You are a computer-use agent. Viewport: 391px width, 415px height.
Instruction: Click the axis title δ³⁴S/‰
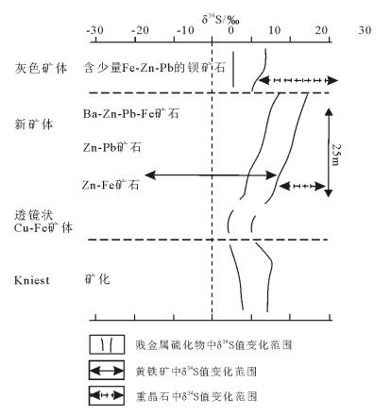(220, 20)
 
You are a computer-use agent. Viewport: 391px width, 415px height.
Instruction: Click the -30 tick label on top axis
(94, 31)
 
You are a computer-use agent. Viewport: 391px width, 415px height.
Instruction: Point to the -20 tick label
(140, 31)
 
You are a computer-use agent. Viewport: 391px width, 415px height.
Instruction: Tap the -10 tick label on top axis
(185, 31)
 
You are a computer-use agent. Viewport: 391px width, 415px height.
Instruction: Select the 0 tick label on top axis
(231, 31)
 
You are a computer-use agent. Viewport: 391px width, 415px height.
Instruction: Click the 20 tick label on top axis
(321, 30)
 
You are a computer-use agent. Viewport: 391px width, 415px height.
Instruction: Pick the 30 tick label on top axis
(365, 30)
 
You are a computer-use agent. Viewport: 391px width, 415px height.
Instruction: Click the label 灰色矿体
(41, 68)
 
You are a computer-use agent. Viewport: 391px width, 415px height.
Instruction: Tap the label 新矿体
(34, 124)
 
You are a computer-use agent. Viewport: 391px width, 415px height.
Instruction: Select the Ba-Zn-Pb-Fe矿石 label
(131, 113)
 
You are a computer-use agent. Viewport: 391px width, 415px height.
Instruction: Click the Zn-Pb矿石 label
(112, 147)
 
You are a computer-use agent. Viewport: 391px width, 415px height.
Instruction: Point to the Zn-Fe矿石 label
(110, 185)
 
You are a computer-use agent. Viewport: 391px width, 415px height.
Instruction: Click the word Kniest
(32, 280)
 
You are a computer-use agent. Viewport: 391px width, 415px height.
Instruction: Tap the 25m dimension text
(335, 155)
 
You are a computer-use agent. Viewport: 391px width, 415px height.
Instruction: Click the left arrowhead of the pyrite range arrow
(150, 175)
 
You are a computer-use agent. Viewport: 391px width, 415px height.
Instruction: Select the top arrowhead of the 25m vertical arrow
(329, 111)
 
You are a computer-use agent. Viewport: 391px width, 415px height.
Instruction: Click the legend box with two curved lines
(107, 344)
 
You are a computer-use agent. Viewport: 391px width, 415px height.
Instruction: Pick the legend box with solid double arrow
(107, 371)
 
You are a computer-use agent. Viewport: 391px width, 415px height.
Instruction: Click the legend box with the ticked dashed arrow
(107, 395)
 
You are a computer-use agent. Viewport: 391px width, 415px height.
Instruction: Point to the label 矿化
(97, 279)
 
